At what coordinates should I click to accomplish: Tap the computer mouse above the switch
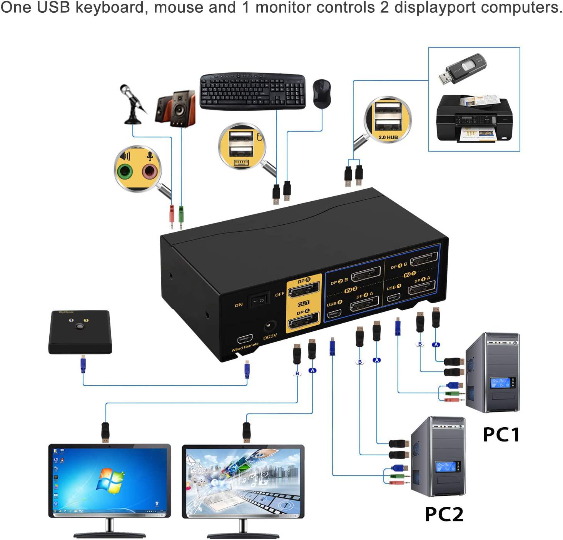pyautogui.click(x=322, y=94)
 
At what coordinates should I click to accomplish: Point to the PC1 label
pyautogui.click(x=501, y=435)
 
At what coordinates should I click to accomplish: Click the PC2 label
pyautogui.click(x=444, y=514)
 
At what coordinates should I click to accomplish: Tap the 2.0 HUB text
pyautogui.click(x=388, y=137)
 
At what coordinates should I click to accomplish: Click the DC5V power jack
pyautogui.click(x=271, y=328)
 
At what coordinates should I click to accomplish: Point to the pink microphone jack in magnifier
pyautogui.click(x=150, y=171)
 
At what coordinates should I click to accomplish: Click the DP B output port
pyautogui.click(x=304, y=290)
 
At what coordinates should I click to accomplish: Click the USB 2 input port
pyautogui.click(x=334, y=314)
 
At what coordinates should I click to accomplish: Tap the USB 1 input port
pyautogui.click(x=393, y=298)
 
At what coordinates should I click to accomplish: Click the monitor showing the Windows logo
pyautogui.click(x=110, y=481)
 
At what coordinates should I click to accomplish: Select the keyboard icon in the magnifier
pyautogui.click(x=241, y=162)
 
